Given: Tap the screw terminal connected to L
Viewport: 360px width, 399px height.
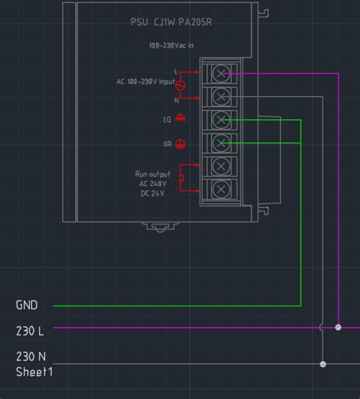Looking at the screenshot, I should click(x=221, y=73).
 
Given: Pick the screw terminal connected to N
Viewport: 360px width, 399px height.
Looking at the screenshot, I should click(x=221, y=96).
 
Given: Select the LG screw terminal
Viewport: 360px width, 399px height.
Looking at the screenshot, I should click(x=221, y=119).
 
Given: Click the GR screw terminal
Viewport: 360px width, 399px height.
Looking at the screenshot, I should click(x=221, y=142).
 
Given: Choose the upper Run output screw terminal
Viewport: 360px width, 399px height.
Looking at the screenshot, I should click(x=221, y=165).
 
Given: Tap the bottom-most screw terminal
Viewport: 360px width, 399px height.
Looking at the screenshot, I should click(x=221, y=188).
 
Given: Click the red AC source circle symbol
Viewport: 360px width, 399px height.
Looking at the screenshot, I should click(x=181, y=85).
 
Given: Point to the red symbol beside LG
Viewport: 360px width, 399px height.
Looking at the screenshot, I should click(x=181, y=118).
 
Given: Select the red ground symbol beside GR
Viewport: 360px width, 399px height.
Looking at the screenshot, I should click(x=181, y=143).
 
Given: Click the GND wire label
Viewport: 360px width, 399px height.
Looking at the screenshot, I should click(x=27, y=305).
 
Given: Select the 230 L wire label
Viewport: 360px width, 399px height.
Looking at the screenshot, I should click(x=30, y=331).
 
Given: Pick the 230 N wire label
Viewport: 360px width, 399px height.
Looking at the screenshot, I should click(x=30, y=356).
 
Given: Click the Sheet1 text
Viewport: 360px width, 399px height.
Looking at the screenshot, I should click(x=34, y=372).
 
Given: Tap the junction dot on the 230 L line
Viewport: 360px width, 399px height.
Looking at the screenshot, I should click(x=338, y=328).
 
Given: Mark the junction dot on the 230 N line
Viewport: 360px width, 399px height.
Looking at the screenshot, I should click(x=323, y=364).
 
